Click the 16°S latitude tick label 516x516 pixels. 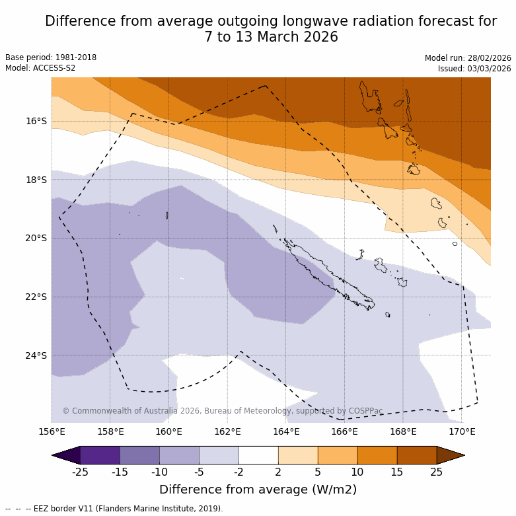tap(36, 121)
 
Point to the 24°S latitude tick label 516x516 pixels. tap(36, 355)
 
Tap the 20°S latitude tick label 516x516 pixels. tap(36, 238)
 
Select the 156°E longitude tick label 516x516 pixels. tap(52, 432)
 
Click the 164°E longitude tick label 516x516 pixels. tap(286, 432)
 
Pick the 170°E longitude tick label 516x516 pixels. tap(462, 432)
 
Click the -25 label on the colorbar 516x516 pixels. tap(81, 472)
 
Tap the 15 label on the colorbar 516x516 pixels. tap(397, 472)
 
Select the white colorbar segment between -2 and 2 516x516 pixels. tap(258, 455)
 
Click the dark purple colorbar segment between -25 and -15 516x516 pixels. tap(100, 455)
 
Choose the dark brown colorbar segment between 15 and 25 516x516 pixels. tap(417, 455)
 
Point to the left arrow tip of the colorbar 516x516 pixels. tap(54, 455)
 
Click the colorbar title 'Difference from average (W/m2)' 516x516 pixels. tap(258, 490)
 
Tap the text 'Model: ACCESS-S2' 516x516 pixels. tap(40, 68)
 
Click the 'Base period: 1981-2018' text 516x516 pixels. tap(51, 57)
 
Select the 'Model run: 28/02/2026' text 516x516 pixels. tap(468, 58)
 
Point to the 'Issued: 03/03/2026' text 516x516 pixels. tap(474, 69)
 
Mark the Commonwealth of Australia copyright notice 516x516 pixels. tap(223, 411)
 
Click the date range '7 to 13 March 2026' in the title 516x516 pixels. tap(271, 37)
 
